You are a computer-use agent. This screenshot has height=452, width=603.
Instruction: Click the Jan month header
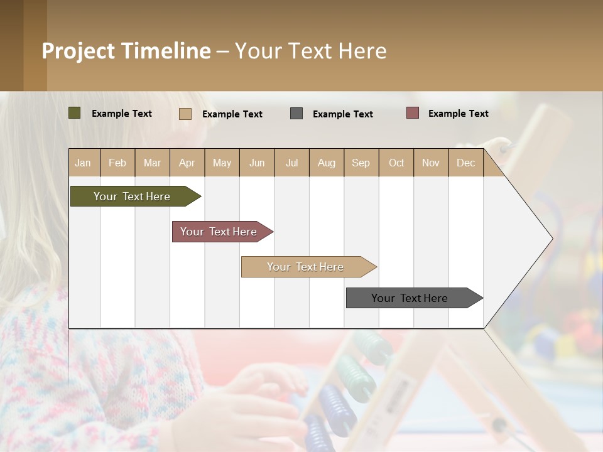(x=84, y=163)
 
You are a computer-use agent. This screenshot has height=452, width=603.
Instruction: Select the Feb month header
(x=117, y=163)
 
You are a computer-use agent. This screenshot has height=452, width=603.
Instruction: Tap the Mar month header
(x=152, y=163)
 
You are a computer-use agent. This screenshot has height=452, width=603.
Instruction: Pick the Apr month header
(x=187, y=163)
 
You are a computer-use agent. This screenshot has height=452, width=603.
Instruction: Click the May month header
(x=222, y=163)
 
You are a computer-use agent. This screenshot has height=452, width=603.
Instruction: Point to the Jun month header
(x=257, y=163)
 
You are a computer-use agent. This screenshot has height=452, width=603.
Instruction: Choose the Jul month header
(x=291, y=163)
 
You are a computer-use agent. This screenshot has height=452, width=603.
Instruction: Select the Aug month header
(x=327, y=163)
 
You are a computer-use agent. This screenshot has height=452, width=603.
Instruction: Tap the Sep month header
(x=361, y=163)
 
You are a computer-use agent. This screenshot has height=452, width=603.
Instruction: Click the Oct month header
(x=396, y=163)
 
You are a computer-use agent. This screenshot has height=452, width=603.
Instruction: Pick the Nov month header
(x=431, y=163)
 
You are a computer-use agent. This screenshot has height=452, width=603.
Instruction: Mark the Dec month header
(x=466, y=163)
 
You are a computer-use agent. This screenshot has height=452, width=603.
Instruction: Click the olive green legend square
(x=74, y=113)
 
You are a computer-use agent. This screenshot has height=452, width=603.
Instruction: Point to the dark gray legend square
(x=296, y=113)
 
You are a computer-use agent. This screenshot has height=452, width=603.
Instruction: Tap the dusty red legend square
(x=412, y=113)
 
